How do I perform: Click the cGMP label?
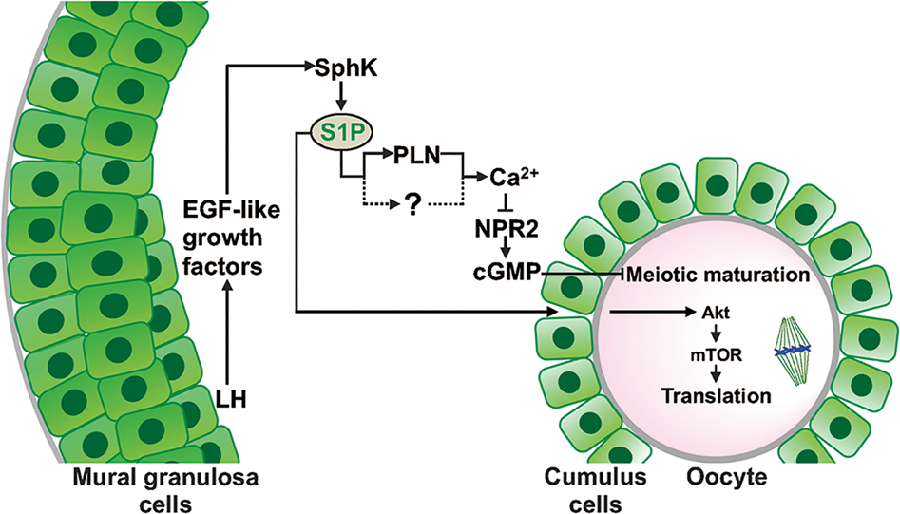pyautogui.click(x=505, y=275)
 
